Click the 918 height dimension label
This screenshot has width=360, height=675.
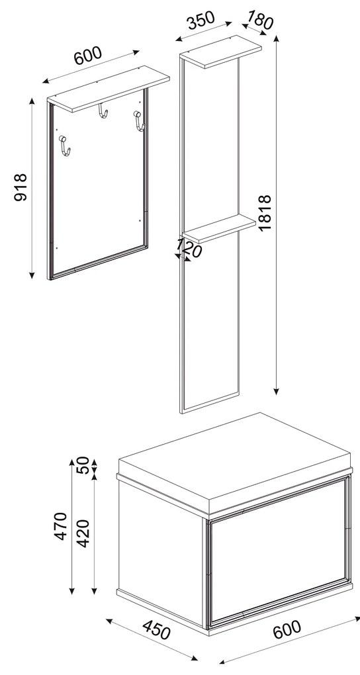point(20,188)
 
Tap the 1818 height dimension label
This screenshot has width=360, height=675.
point(265,212)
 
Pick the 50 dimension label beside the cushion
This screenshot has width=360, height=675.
point(83,467)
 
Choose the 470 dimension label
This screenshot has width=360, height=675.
point(61,526)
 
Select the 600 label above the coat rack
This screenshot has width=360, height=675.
point(88,56)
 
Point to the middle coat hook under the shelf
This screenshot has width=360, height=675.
point(103,113)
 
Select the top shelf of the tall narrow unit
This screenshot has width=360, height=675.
point(222,53)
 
